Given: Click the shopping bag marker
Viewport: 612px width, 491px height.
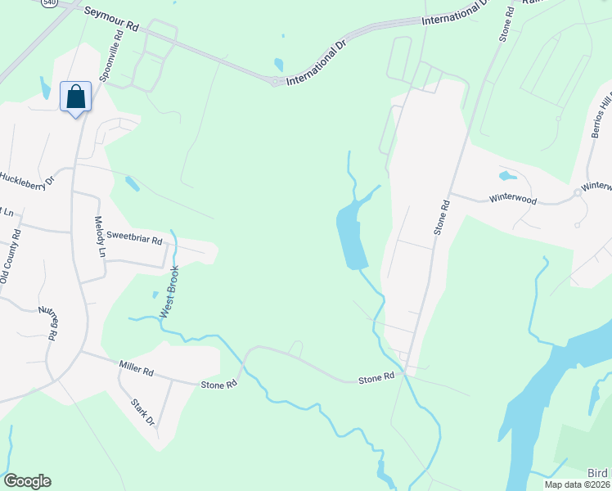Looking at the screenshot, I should point(76,97).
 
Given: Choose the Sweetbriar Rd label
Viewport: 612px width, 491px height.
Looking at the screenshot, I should point(134,241).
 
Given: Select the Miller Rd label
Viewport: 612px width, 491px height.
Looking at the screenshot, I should point(136,371).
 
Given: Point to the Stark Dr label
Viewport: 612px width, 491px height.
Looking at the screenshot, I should point(143,412).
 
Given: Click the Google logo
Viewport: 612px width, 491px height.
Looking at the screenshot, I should point(27,481).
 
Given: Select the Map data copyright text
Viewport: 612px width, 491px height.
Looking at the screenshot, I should point(577,484).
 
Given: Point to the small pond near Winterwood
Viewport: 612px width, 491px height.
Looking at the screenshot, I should point(507,175).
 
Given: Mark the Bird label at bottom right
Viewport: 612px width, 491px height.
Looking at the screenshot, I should point(599,474).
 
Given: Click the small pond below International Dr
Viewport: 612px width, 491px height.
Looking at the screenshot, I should point(279,64).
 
